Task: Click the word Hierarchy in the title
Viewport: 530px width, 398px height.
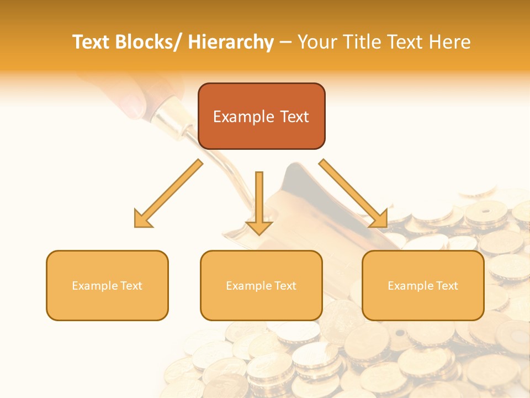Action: coord(231,42)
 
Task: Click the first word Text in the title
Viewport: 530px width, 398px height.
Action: coord(92,42)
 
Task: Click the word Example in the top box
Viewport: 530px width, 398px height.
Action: coord(243,117)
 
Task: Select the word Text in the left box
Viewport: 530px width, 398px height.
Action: coord(130,286)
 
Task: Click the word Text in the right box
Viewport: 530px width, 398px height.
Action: coord(446,286)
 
